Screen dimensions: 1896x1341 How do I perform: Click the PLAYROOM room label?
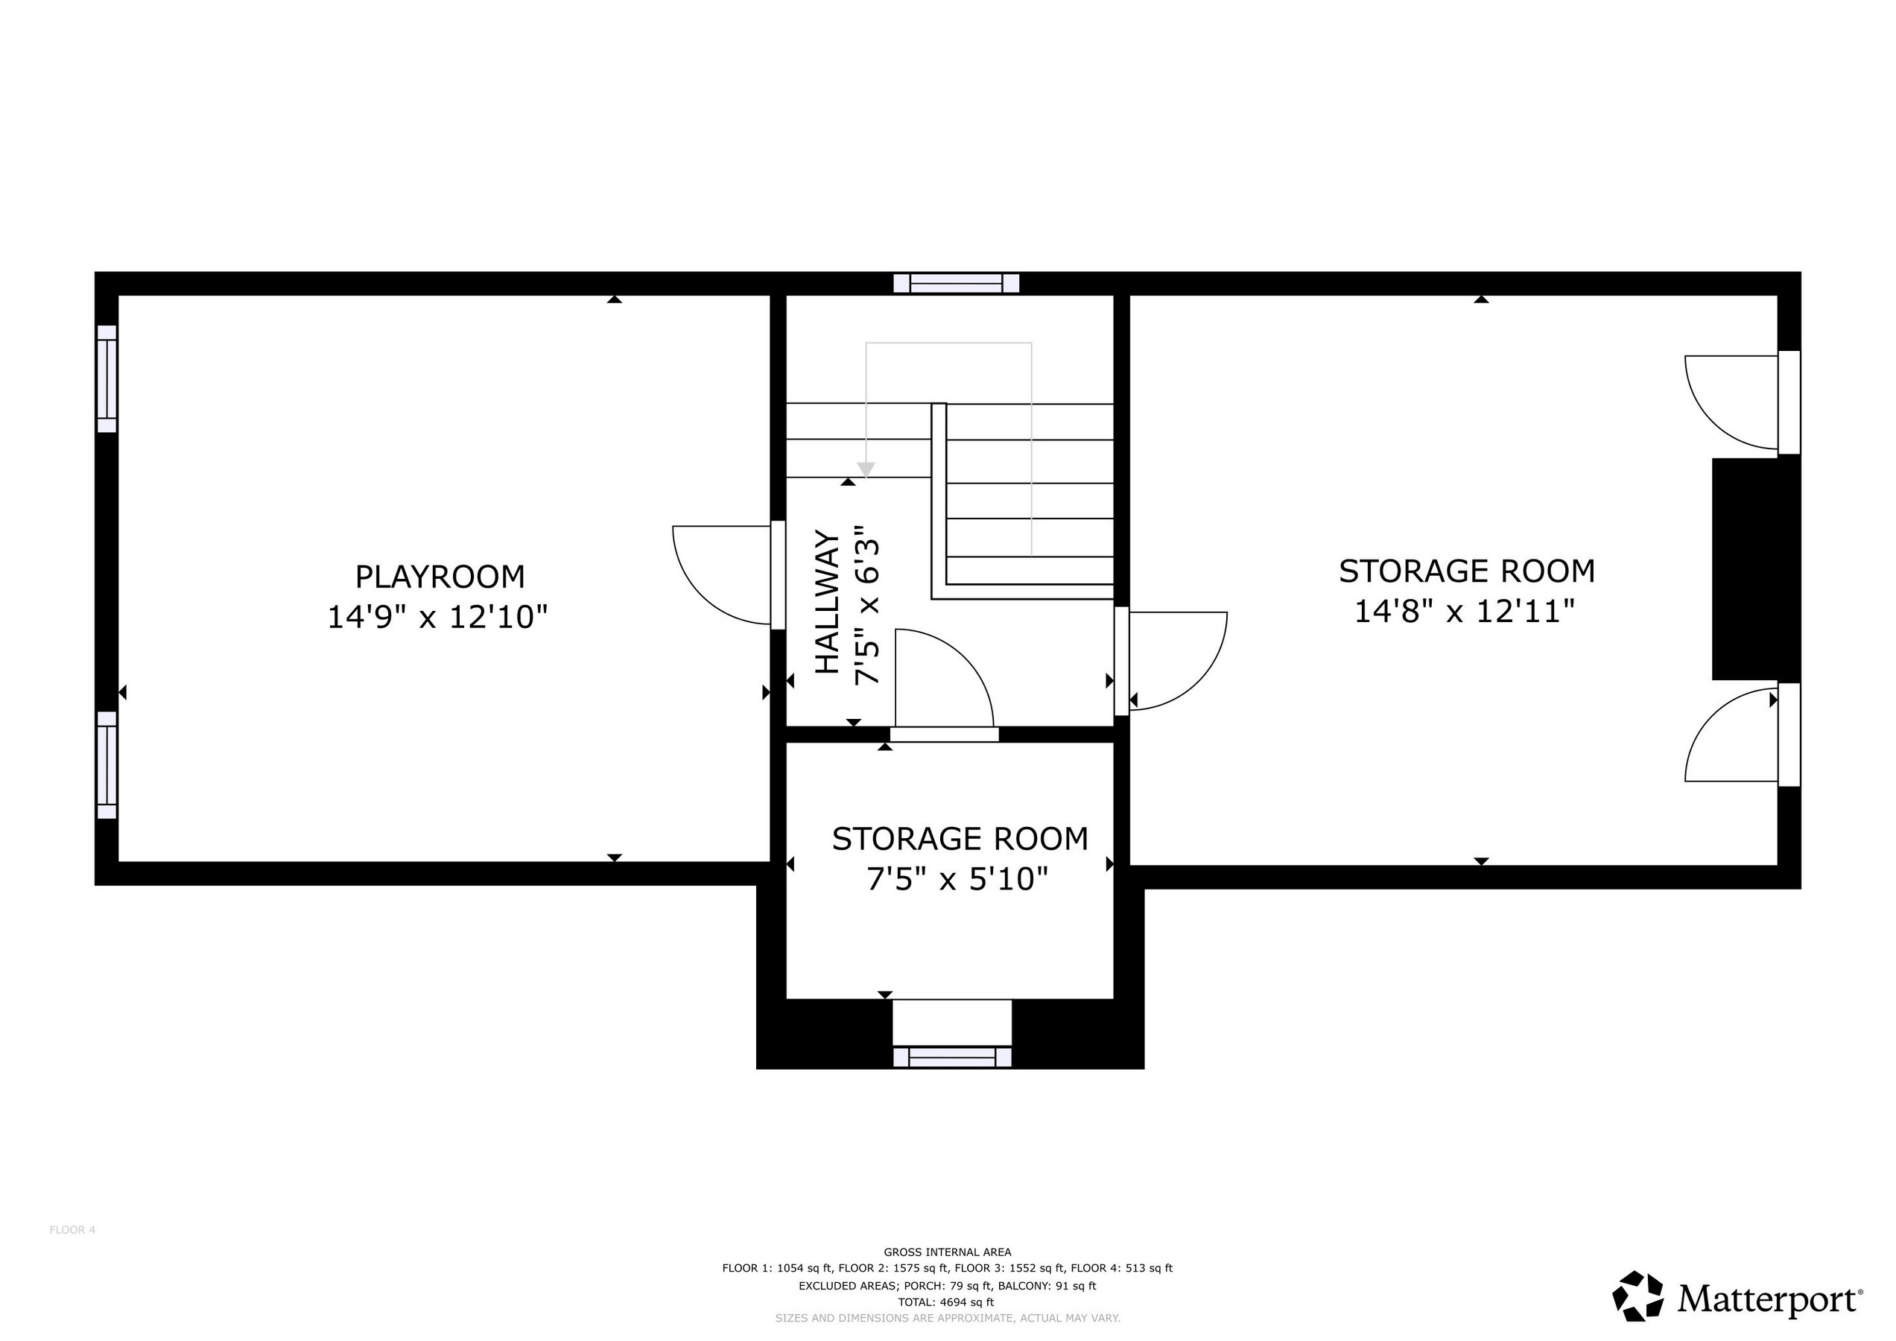click(440, 577)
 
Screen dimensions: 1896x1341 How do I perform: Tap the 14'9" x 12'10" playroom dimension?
click(437, 617)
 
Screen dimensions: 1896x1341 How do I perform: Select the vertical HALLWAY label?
click(828, 602)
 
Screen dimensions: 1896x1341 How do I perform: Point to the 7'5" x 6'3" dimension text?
click(866, 603)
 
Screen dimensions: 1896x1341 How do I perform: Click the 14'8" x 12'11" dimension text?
click(1465, 611)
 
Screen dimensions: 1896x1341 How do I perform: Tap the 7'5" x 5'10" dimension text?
click(957, 878)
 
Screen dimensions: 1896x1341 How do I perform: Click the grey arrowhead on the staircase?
click(866, 470)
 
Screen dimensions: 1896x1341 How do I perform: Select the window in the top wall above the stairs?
click(957, 283)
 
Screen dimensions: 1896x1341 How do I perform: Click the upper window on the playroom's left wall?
click(107, 378)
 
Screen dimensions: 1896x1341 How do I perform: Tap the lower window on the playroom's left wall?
click(107, 764)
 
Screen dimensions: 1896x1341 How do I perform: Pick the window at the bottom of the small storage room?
click(952, 1057)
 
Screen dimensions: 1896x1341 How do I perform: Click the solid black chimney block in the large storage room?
click(1754, 569)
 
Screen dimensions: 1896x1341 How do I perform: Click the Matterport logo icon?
click(1638, 1296)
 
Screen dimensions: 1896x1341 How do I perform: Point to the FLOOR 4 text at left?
click(73, 1229)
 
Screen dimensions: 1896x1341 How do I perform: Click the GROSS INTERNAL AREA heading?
click(947, 1252)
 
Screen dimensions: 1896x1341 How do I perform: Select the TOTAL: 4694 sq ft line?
click(946, 1302)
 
